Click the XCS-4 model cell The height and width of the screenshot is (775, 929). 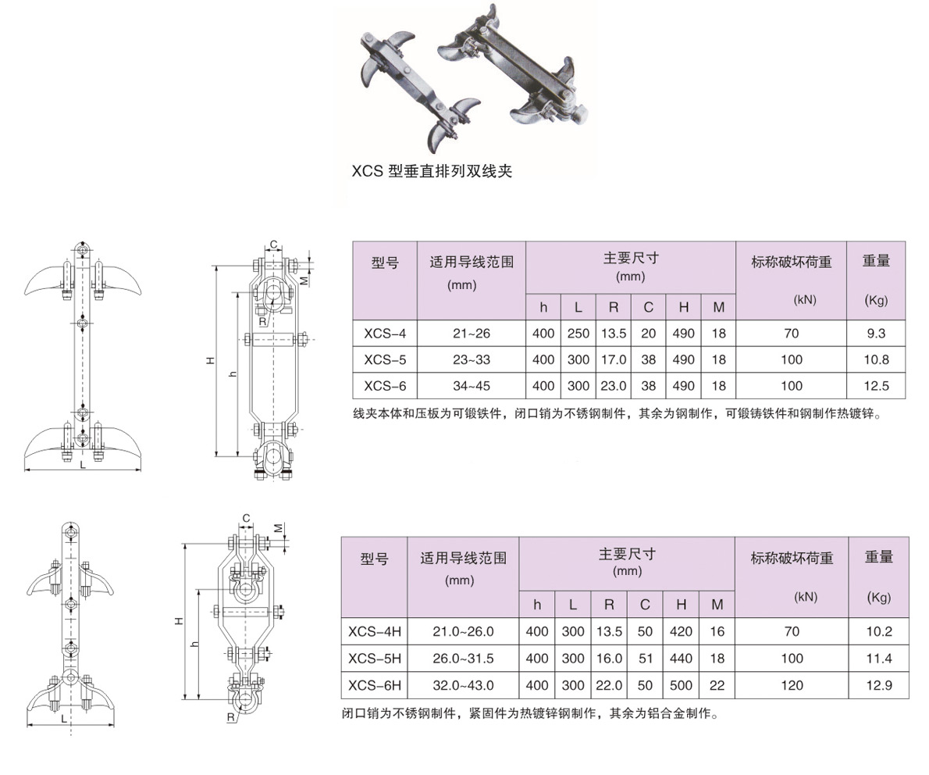coord(385,334)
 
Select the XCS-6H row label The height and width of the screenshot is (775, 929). coord(375,685)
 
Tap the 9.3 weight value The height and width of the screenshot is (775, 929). coord(876,334)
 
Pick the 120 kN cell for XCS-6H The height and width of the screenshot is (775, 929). coord(792,685)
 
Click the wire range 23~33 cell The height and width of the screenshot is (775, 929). coord(472,360)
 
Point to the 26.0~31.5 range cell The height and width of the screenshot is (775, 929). coord(463,659)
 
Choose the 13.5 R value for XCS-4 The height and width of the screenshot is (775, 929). coord(613,334)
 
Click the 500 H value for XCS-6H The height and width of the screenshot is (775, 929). coord(681,685)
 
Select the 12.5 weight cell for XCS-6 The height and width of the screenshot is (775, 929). coord(876,386)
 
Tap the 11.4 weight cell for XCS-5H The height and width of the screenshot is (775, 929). coord(878,659)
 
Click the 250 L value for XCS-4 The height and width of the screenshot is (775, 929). coord(578,334)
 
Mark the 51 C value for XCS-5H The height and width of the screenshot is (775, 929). coord(645,659)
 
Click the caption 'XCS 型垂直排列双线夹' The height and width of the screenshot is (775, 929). coord(432,171)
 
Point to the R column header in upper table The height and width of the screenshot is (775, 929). coord(613,307)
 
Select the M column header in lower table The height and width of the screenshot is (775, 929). coord(717,605)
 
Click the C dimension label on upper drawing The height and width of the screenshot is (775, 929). coord(274,245)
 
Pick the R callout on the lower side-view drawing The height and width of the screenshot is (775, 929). coord(230,717)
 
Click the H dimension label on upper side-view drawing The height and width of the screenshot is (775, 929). coord(210,360)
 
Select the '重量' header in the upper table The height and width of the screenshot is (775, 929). coord(876,261)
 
